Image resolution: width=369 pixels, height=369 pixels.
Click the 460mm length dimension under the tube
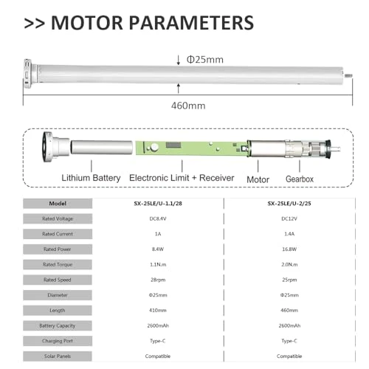click(x=187, y=106)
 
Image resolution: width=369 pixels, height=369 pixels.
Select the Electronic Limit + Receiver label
click(x=181, y=178)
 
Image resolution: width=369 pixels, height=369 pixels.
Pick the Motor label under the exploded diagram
click(x=256, y=178)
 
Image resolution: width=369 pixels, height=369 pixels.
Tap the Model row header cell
click(x=58, y=202)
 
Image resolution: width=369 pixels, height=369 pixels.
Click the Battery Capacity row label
click(x=58, y=325)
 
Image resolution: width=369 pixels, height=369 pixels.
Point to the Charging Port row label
click(x=58, y=341)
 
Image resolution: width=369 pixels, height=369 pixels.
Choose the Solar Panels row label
click(x=58, y=356)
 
